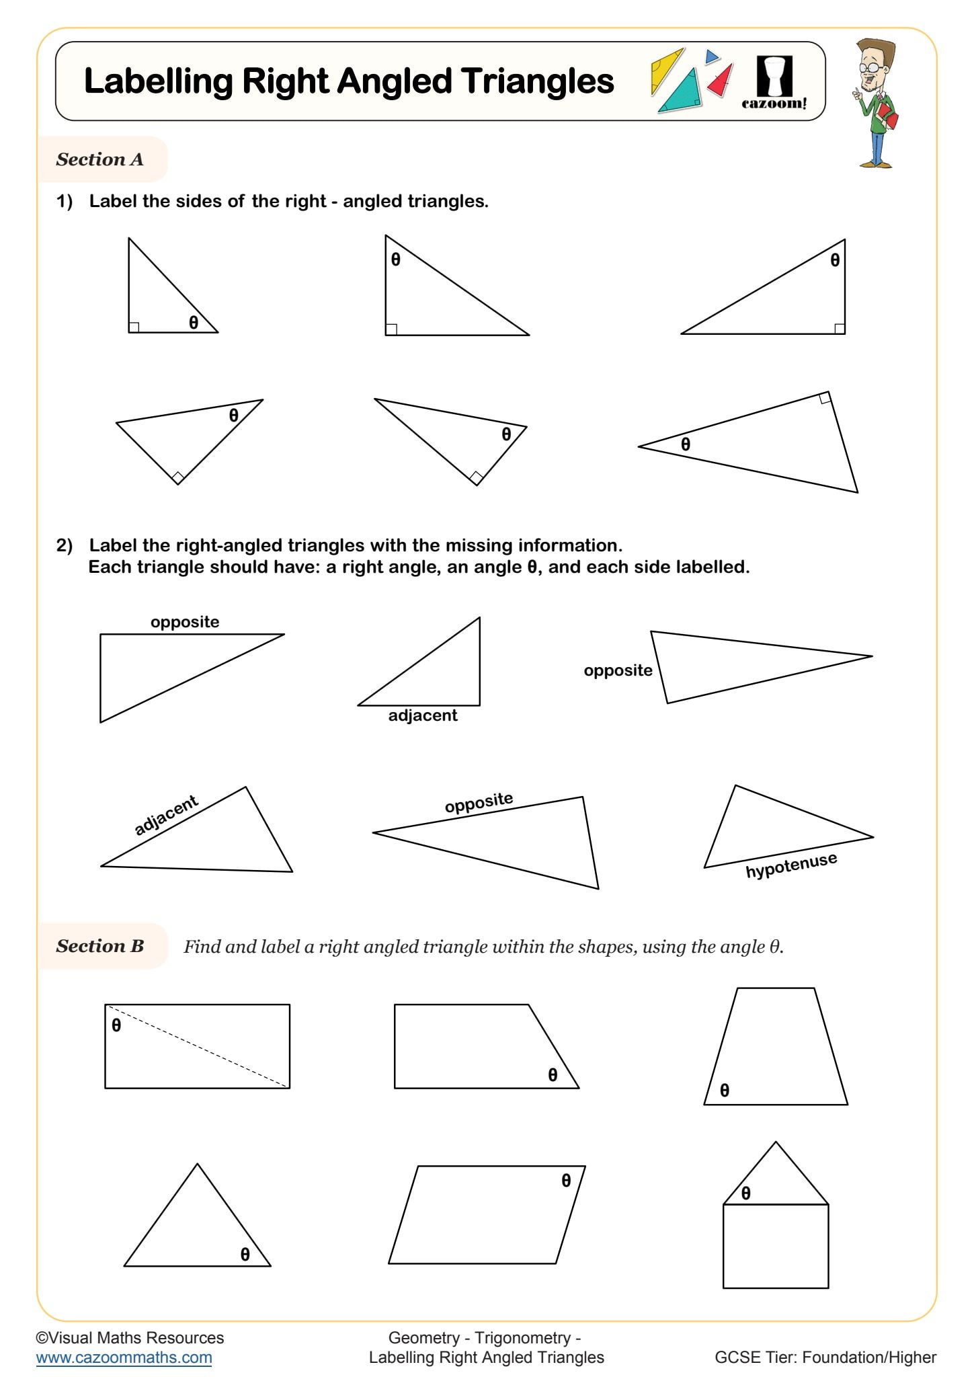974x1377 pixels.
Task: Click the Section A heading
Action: (99, 159)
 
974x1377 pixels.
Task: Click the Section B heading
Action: (99, 946)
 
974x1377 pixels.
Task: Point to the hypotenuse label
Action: (791, 866)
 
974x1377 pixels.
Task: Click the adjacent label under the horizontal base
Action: (422, 715)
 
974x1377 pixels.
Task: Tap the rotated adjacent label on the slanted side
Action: (165, 815)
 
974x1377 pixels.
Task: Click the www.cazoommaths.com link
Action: (124, 1358)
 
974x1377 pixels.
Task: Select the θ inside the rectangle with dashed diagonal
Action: (116, 1025)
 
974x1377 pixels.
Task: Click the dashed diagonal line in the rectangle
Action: (197, 1046)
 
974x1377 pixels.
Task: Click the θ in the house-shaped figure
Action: (745, 1193)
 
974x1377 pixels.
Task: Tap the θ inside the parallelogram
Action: (566, 1180)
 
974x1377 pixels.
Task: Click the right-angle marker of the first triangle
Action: (134, 327)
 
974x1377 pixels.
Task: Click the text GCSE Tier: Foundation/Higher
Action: (825, 1358)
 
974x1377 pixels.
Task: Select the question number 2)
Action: (64, 545)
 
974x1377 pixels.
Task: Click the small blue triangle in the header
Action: (711, 56)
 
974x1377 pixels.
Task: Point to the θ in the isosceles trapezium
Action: (724, 1090)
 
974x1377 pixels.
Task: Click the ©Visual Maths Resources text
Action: (130, 1337)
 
